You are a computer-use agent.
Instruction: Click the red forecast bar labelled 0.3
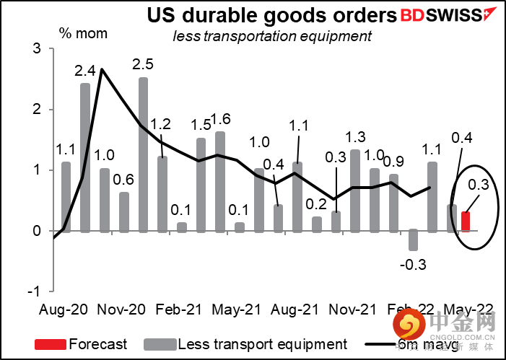coord(466,221)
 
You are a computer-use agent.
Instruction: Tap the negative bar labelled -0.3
coord(413,240)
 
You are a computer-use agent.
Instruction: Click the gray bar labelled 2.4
coord(85,157)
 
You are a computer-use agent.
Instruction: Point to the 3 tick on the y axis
coord(34,49)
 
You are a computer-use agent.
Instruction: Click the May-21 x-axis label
coord(235,309)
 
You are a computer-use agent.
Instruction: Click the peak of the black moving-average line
coord(102,70)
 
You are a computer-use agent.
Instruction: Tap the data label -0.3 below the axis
coord(413,264)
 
